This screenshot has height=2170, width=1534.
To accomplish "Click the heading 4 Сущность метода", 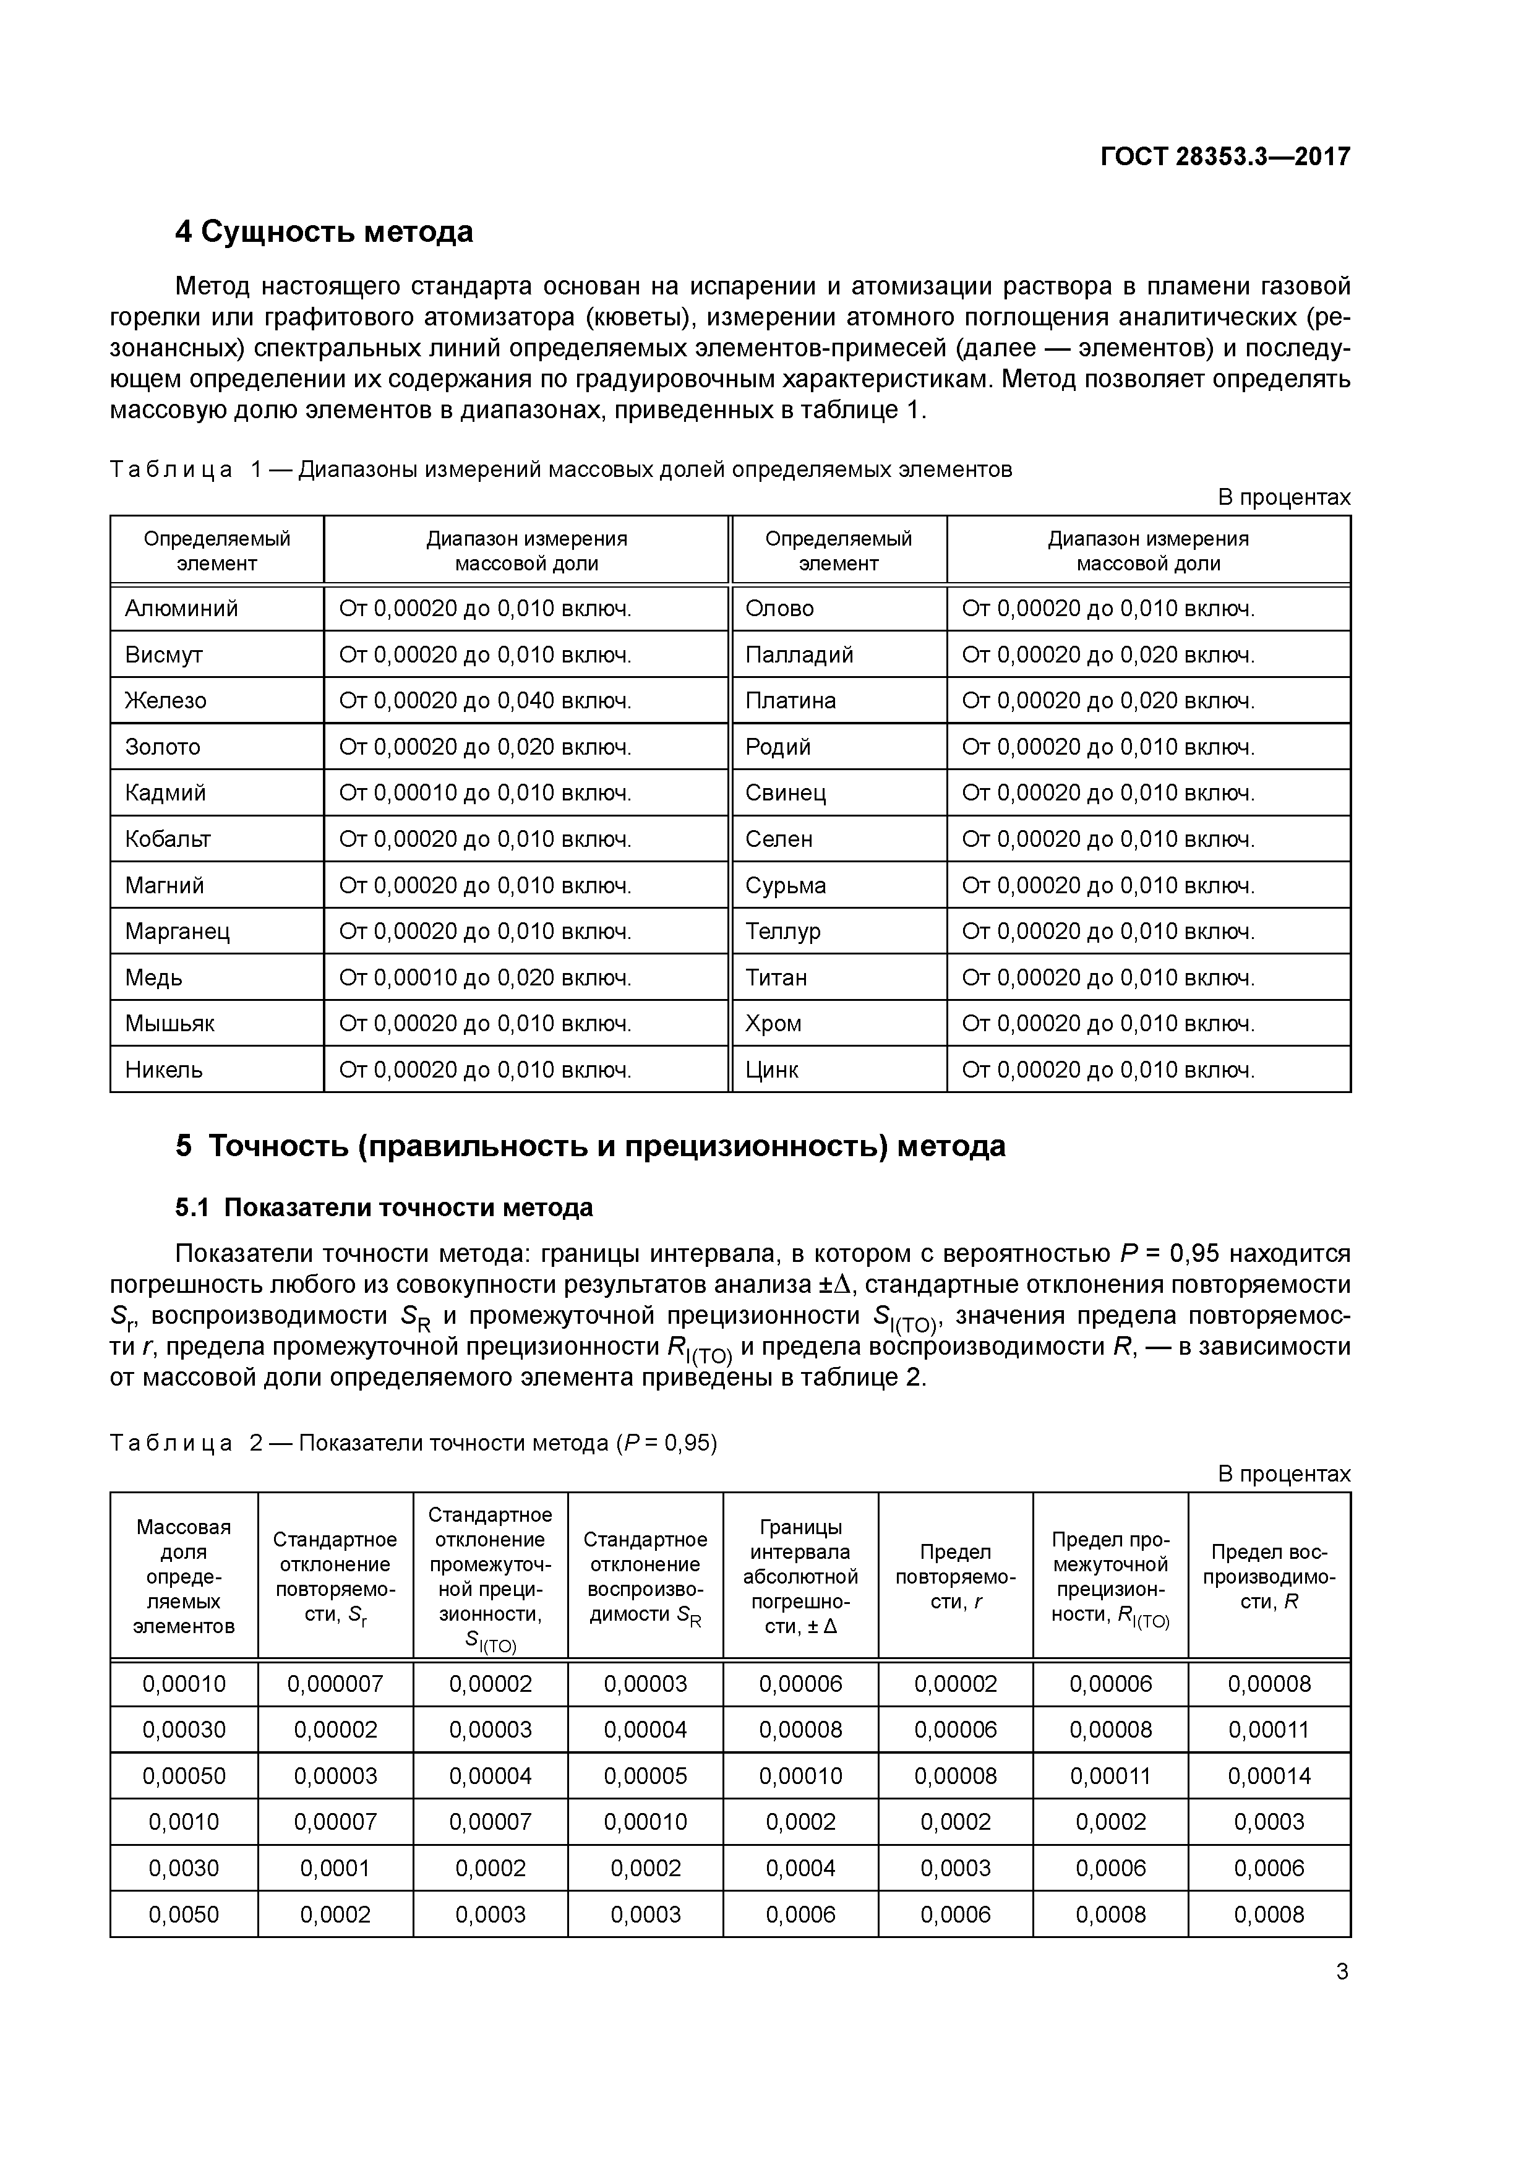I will point(324,231).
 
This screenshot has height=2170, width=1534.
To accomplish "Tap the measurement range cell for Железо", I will point(485,700).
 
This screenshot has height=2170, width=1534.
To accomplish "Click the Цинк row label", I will point(772,1069).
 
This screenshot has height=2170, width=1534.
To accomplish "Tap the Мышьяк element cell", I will point(170,1023).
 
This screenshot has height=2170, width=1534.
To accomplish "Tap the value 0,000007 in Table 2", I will point(335,1683).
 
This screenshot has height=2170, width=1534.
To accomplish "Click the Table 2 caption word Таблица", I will point(171,1443).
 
